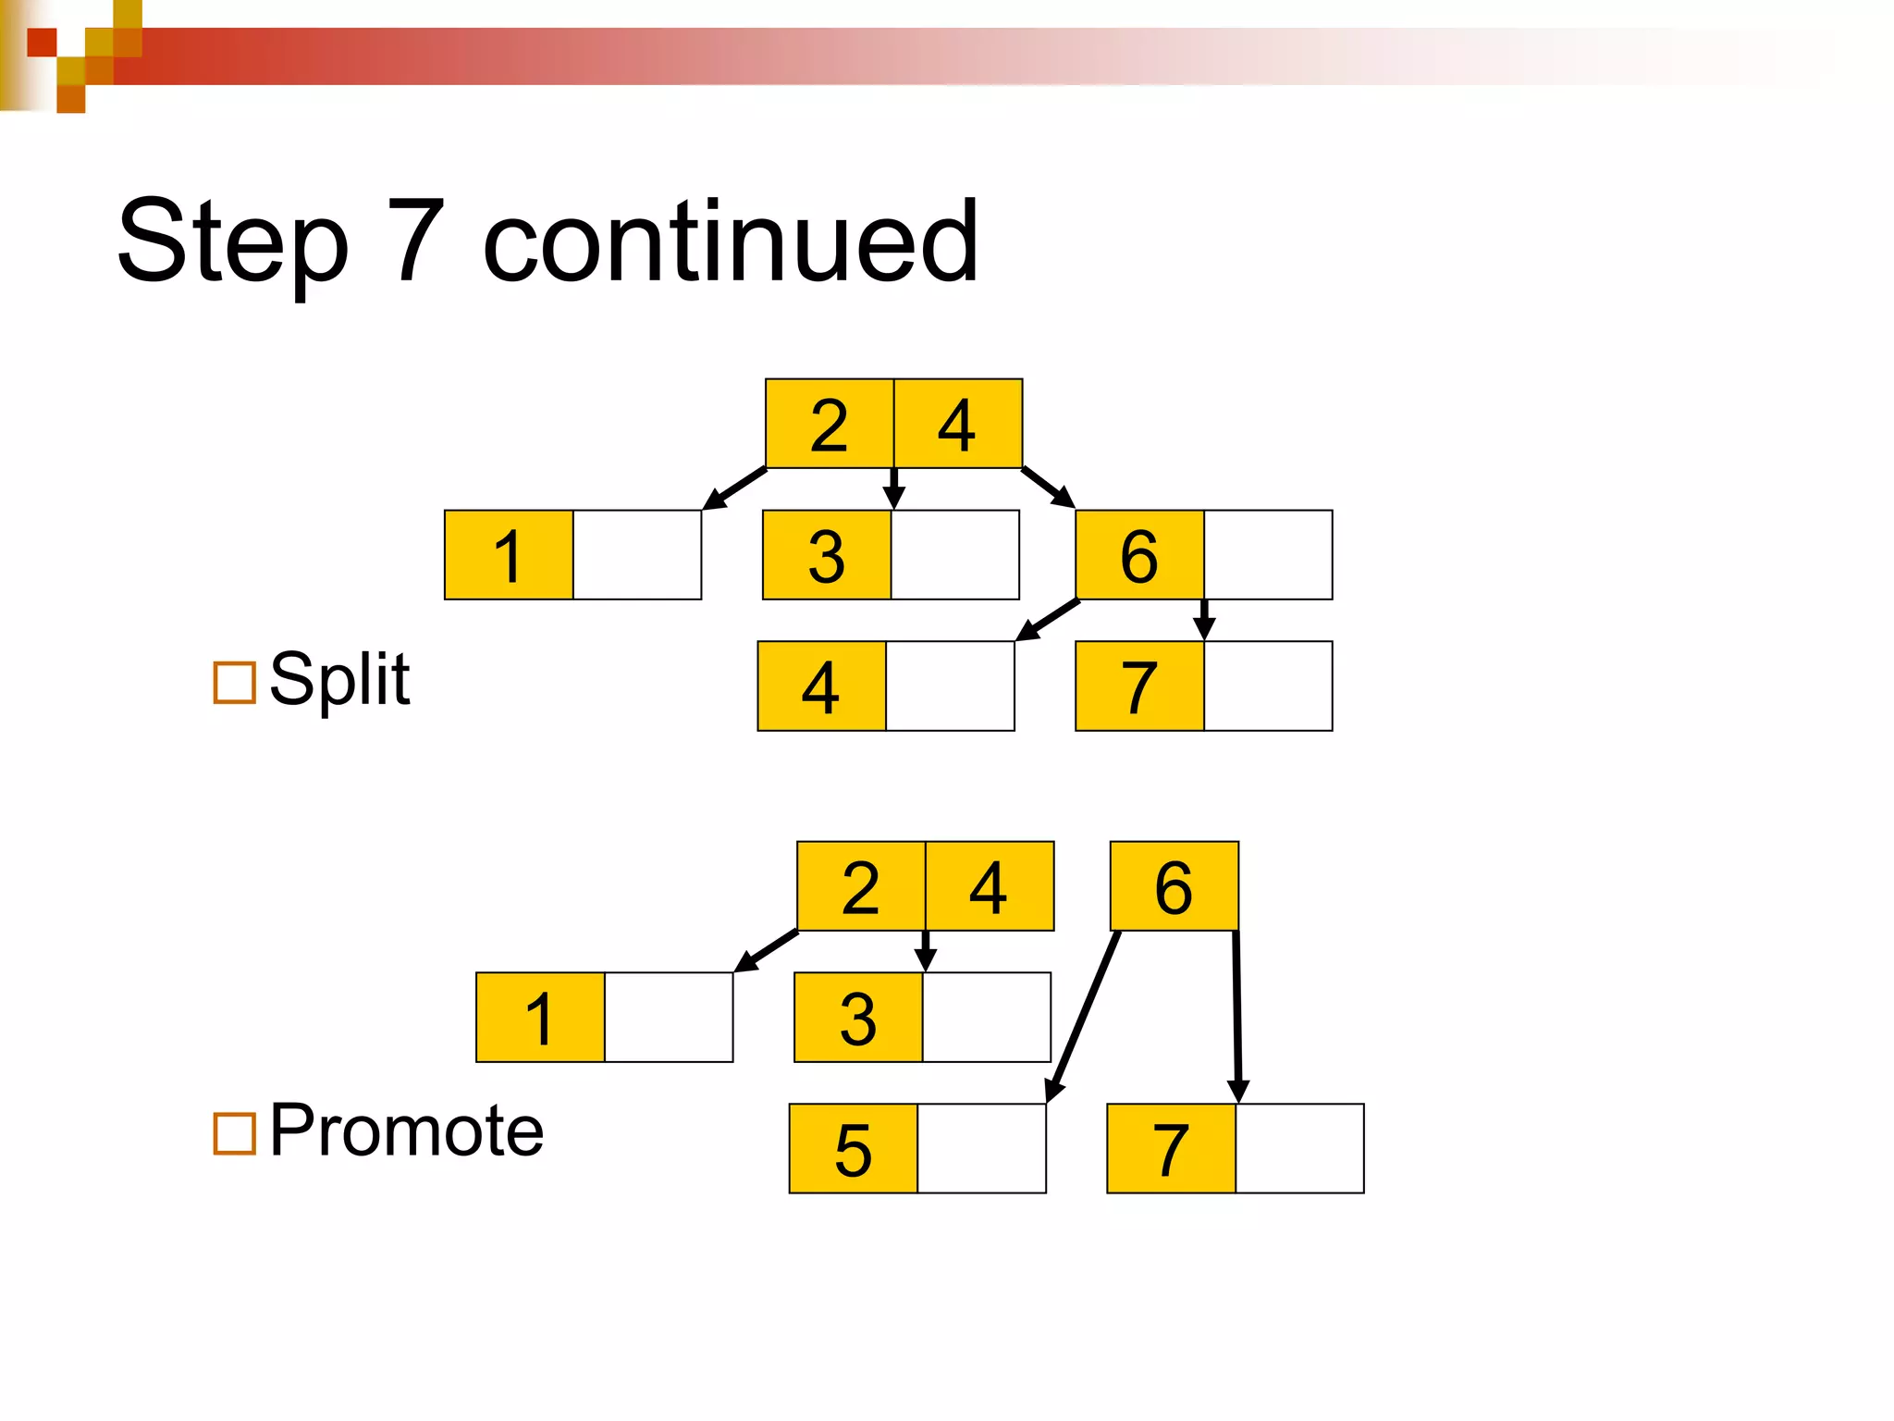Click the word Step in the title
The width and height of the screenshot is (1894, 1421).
click(x=232, y=242)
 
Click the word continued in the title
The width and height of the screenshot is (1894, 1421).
click(x=730, y=242)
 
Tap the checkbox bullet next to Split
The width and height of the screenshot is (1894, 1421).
click(x=234, y=683)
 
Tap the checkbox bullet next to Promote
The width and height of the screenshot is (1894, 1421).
click(x=234, y=1133)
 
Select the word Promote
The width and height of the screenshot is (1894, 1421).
click(x=406, y=1131)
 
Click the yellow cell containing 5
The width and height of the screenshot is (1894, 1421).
click(x=853, y=1148)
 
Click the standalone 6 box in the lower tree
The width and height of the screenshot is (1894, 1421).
click(x=1174, y=886)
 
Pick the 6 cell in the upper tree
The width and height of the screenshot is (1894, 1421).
click(x=1139, y=555)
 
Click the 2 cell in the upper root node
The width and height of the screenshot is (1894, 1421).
click(x=829, y=424)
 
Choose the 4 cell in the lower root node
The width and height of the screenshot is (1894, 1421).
click(x=989, y=886)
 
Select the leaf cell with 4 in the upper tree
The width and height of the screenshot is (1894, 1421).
click(x=821, y=686)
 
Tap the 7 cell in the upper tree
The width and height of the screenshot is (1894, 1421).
click(x=1139, y=686)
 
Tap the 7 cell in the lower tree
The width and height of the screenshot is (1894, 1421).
click(x=1171, y=1148)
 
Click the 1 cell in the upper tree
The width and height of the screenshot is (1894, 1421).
click(x=509, y=555)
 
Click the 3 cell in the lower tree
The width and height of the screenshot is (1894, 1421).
click(x=858, y=1018)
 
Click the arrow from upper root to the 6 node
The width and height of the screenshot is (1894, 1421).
click(x=1047, y=487)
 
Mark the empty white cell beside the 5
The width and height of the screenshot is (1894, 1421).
click(x=981, y=1148)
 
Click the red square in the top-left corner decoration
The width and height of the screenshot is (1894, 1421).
click(x=42, y=43)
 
